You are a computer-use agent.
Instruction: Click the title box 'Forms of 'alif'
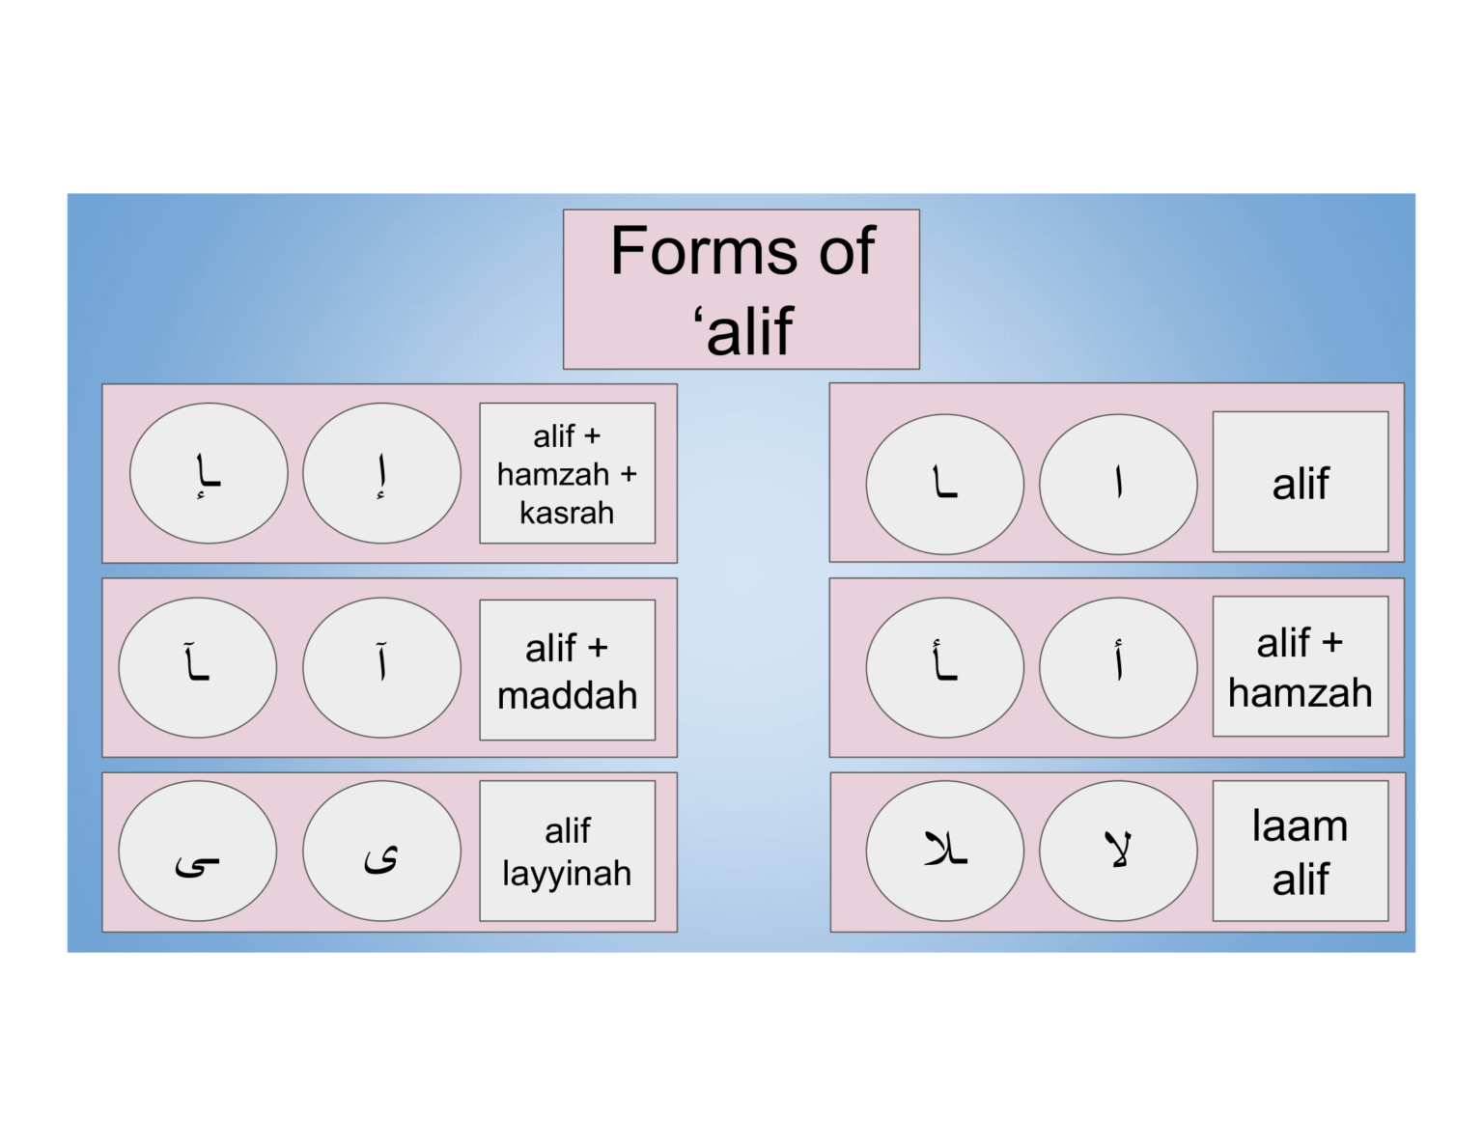[x=741, y=289]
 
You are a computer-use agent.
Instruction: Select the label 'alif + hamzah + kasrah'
[x=567, y=473]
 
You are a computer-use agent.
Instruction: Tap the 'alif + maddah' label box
[x=567, y=670]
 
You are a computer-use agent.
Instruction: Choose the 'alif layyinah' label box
[x=567, y=851]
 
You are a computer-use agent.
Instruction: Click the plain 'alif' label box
[x=1300, y=482]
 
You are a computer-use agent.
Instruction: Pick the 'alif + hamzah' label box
[x=1300, y=666]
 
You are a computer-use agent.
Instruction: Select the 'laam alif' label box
[x=1300, y=851]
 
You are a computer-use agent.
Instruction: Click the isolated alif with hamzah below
[x=381, y=473]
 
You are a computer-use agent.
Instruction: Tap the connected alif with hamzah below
[x=208, y=473]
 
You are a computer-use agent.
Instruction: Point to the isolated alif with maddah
[x=381, y=664]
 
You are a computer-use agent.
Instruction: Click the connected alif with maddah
[x=197, y=664]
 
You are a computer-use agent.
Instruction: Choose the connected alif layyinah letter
[x=197, y=862]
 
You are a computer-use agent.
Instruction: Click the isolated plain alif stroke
[x=1118, y=483]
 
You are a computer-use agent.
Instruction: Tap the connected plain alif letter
[x=944, y=483]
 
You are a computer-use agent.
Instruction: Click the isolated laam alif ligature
[x=1118, y=850]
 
